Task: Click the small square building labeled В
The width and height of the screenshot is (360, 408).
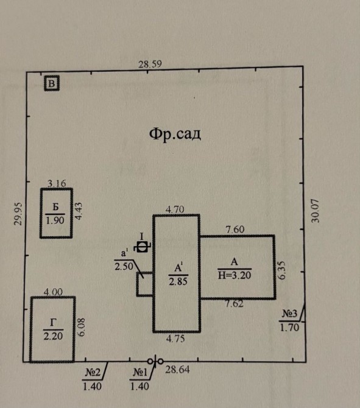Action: pyautogui.click(x=52, y=83)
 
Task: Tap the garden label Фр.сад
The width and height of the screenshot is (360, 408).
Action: pyautogui.click(x=175, y=134)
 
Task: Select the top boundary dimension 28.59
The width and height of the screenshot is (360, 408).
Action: pyautogui.click(x=150, y=64)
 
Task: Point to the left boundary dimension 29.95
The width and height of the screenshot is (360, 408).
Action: pyautogui.click(x=18, y=214)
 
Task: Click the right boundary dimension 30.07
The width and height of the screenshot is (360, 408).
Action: pyautogui.click(x=315, y=211)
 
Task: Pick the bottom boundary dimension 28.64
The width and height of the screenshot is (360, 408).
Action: pyautogui.click(x=177, y=370)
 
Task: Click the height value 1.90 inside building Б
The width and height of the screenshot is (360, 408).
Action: pyautogui.click(x=55, y=220)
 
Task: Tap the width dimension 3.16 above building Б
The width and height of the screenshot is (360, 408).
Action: pyautogui.click(x=57, y=183)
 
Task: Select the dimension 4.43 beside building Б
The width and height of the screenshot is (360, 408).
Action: pyautogui.click(x=79, y=211)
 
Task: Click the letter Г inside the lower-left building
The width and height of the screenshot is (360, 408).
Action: pyautogui.click(x=53, y=323)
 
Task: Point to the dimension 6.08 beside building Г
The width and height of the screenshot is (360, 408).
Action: pyautogui.click(x=81, y=328)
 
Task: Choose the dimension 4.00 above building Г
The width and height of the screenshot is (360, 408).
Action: pyautogui.click(x=53, y=292)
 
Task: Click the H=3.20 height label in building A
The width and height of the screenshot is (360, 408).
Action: pyautogui.click(x=235, y=275)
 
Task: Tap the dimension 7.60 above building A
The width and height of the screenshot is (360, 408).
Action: pyautogui.click(x=235, y=230)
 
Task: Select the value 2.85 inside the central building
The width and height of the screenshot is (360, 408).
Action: pyautogui.click(x=178, y=281)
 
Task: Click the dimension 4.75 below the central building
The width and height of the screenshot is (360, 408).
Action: pyautogui.click(x=175, y=339)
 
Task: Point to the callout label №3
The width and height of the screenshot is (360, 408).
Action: pyautogui.click(x=290, y=314)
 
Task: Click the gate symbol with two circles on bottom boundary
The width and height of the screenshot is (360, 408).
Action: pyautogui.click(x=155, y=361)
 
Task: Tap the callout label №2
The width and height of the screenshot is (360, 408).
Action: pyautogui.click(x=93, y=373)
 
